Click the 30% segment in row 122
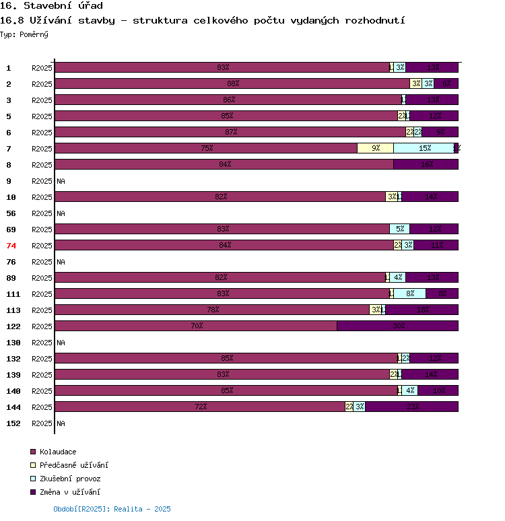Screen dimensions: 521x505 coord(397,326)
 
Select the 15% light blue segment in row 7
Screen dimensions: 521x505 coord(424,149)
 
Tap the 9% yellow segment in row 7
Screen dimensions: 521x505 coord(375,149)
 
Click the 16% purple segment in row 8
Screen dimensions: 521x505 coord(426,165)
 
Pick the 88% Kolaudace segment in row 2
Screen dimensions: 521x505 coord(232,84)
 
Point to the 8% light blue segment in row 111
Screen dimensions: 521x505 coord(409,294)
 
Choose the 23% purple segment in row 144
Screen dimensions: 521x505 coord(411,407)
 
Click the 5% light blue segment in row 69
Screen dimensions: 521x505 coord(399,230)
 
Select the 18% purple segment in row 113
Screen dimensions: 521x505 coord(422,310)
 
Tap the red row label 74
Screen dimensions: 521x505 coord(11,246)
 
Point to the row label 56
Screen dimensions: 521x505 coord(11,213)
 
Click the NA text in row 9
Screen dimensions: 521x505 coord(61,181)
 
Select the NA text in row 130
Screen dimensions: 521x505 coord(61,343)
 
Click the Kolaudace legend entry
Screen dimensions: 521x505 coord(58,452)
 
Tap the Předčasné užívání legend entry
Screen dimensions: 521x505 coord(73,465)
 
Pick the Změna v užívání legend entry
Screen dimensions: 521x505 coord(69,492)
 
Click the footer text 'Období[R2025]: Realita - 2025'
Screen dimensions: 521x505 coord(112,510)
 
